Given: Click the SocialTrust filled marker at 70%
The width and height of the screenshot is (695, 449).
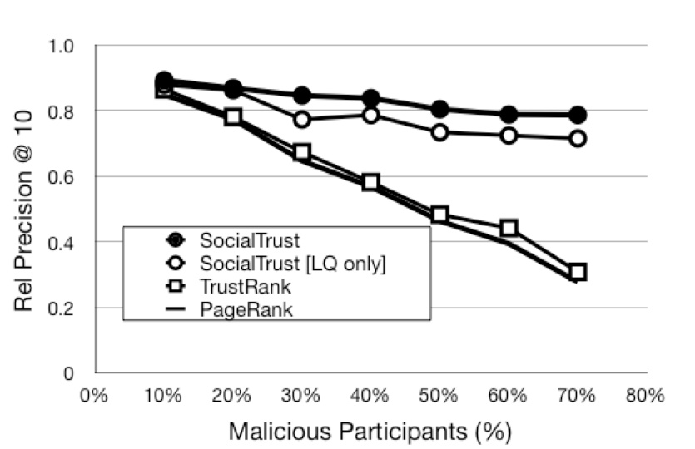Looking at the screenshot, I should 577,115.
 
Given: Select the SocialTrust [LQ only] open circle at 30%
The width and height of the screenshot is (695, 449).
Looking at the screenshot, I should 302,120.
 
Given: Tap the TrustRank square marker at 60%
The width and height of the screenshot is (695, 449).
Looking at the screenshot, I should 509,228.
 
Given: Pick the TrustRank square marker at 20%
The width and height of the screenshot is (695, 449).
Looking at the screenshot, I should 234,117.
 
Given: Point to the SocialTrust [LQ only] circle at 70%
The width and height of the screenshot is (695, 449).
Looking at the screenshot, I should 577,139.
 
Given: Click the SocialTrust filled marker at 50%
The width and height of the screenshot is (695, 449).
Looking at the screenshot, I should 440,110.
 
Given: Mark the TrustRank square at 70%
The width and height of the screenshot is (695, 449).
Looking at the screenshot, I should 577,272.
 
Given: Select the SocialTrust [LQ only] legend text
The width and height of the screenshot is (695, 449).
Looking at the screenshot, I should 293,264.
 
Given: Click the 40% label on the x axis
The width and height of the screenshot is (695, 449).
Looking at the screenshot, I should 370,396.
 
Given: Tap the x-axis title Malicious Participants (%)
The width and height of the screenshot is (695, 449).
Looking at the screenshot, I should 370,432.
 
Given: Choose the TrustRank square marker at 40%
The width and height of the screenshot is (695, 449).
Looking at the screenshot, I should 370,182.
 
